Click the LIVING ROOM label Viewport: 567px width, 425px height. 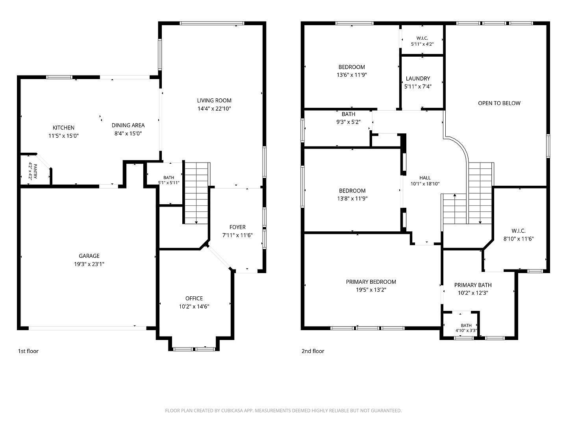pos(214,100)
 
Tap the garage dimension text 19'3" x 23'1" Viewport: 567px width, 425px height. pos(89,264)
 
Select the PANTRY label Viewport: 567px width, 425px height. pos(35,171)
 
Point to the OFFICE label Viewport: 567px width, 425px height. pos(194,298)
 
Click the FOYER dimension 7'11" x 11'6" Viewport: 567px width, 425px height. pos(237,235)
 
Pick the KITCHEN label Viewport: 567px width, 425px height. pos(63,128)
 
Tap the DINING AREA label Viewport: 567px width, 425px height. pos(128,125)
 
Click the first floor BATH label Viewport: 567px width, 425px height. pos(169,177)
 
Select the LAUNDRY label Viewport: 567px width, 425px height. pos(418,78)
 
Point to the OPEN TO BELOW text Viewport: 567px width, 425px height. pos(499,103)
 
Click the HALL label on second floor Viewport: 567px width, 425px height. pos(425,178)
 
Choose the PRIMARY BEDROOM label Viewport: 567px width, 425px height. pos(371,282)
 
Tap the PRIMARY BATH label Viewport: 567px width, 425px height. pos(473,285)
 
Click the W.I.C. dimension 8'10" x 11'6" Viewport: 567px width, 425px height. pos(519,239)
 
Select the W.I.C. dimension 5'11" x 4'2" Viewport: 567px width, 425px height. pos(422,44)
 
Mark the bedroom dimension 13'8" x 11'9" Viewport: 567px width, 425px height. pos(352,198)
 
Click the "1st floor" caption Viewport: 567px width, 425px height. pos(28,351)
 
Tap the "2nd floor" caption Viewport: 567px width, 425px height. pos(313,351)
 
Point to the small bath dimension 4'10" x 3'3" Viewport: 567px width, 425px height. pos(466,330)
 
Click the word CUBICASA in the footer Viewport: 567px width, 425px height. pos(232,410)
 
